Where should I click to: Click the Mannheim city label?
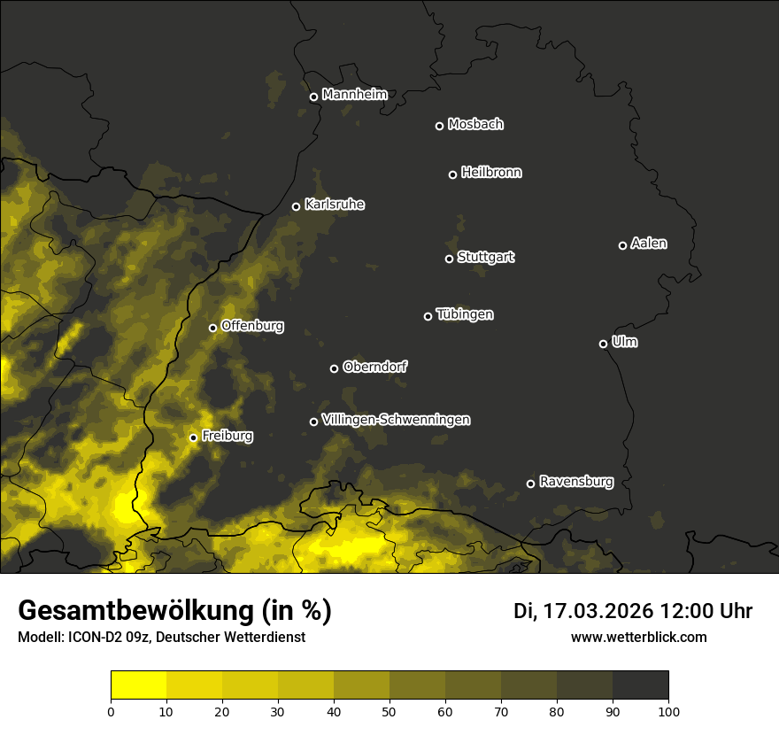tap(355, 95)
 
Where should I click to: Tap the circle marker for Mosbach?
tap(439, 126)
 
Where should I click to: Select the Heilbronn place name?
tap(491, 173)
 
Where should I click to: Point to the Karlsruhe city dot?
tap(297, 206)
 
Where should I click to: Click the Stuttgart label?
tap(486, 257)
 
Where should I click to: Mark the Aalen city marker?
tap(622, 245)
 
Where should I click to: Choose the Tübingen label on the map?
tap(465, 314)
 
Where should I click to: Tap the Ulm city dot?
tap(604, 344)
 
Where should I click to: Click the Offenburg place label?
tap(252, 326)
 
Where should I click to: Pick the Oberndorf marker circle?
tap(334, 368)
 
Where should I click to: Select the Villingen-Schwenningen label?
tap(396, 420)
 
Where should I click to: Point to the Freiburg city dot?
tap(193, 437)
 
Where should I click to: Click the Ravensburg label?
tap(576, 482)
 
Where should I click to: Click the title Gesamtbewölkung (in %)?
tap(174, 611)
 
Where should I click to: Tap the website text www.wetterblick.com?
tap(639, 638)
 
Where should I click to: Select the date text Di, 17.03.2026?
tap(582, 611)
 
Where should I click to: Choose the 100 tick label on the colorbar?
tap(668, 711)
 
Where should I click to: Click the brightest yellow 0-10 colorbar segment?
tap(139, 685)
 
